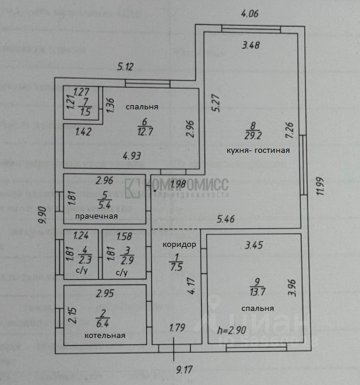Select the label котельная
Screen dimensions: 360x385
(x=105, y=336)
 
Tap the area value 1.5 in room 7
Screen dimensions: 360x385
(x=85, y=112)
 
